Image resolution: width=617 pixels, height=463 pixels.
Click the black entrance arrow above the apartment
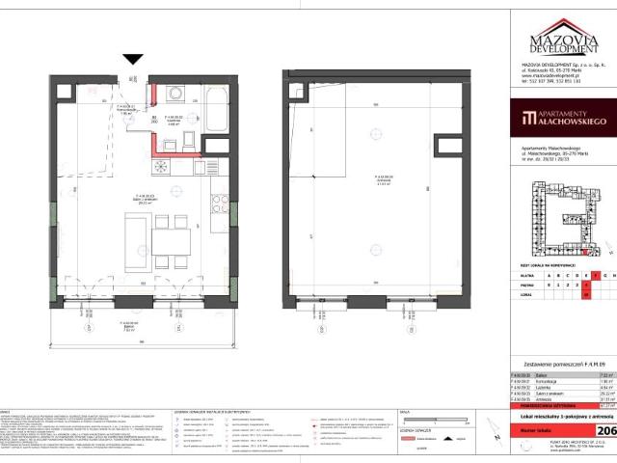click(133, 60)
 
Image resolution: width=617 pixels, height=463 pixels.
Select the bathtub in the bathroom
click(217, 114)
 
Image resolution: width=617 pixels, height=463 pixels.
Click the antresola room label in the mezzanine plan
click(357, 179)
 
